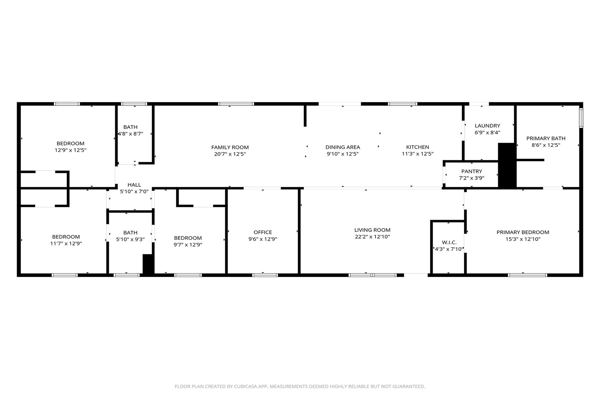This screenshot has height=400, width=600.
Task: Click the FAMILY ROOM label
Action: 230,147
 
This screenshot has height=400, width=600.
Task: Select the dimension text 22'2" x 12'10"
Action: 372,237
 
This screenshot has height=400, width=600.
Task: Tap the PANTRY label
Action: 472,171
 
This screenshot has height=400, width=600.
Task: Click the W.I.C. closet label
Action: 449,242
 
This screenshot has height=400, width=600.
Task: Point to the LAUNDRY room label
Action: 487,126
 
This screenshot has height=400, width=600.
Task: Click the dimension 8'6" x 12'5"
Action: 546,145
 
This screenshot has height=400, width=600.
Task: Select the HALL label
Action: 134,185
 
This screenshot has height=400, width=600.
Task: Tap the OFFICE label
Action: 263,232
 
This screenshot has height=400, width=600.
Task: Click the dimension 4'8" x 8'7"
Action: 130,134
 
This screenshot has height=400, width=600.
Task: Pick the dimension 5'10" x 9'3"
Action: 130,239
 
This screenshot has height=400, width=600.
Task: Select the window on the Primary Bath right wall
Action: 581,118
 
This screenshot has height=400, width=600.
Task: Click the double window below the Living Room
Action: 372,275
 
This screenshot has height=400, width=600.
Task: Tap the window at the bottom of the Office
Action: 265,275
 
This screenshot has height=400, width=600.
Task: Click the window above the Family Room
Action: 236,104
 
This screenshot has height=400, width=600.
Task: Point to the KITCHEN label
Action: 418,147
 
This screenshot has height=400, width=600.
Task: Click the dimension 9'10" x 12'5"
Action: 342,154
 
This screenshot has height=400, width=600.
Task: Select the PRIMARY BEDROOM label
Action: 523,232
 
